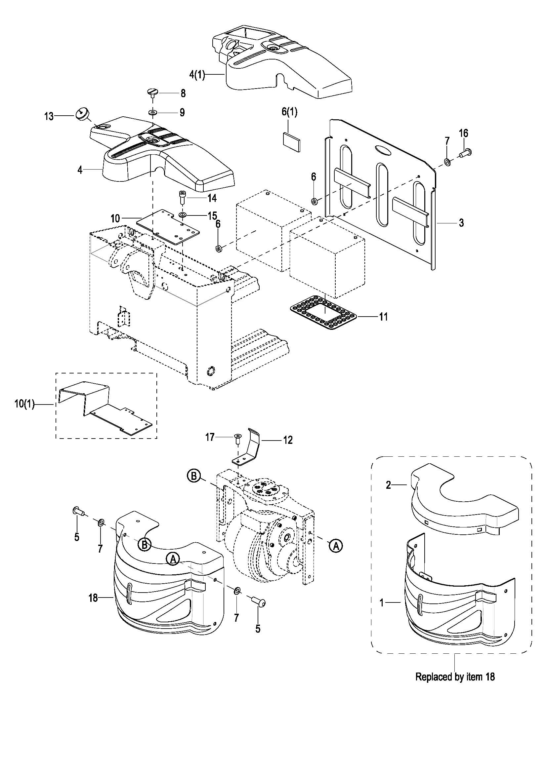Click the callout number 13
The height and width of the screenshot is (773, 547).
(x=49, y=116)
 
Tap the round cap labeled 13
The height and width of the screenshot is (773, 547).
(x=81, y=113)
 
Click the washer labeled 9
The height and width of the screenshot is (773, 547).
(x=152, y=112)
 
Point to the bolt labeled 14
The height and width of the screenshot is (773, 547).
(x=182, y=197)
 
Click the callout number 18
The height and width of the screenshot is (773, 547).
(x=93, y=598)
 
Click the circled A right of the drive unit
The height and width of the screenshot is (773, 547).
(x=336, y=546)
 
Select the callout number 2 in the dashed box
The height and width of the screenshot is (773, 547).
(x=388, y=485)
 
